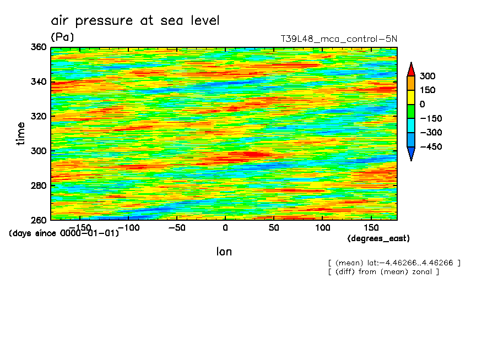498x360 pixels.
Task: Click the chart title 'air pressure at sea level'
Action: pos(135,21)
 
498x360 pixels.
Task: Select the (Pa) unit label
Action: pos(62,37)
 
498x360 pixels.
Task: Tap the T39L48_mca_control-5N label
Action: pos(339,39)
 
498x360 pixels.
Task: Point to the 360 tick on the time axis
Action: pos(39,47)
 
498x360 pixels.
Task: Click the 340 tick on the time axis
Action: pos(39,82)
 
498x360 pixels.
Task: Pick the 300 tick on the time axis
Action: pos(39,151)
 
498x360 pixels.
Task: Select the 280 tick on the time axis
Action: pos(39,186)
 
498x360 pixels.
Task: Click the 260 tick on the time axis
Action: pos(39,220)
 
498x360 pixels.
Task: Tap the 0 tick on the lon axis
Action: pos(225,227)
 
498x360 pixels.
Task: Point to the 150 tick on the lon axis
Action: pos(371,227)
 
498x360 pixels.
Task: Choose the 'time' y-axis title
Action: pos(21,134)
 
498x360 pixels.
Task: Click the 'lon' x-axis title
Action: pos(224,252)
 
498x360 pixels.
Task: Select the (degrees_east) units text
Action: pos(378,238)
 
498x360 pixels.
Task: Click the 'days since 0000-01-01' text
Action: pos(64,233)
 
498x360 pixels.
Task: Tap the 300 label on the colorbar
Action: pos(427,76)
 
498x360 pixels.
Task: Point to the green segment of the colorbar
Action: pos(410,111)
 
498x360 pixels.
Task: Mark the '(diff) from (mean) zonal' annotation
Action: pos(383,272)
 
